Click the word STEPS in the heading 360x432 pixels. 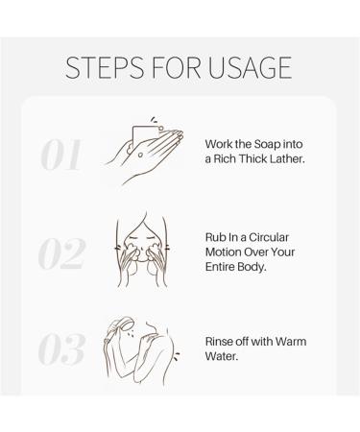(x=105, y=67)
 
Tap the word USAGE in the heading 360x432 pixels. (x=250, y=67)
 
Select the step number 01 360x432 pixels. (x=60, y=155)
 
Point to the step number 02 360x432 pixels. (x=62, y=253)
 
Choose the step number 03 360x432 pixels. (x=62, y=348)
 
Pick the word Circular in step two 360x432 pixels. (x=269, y=237)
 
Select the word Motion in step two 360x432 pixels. (x=223, y=252)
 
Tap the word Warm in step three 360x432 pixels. (x=291, y=342)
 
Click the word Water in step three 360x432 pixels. (x=222, y=356)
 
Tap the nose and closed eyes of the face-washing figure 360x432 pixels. (x=142, y=242)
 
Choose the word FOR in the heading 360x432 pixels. (x=176, y=67)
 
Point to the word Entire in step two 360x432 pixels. (x=221, y=267)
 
